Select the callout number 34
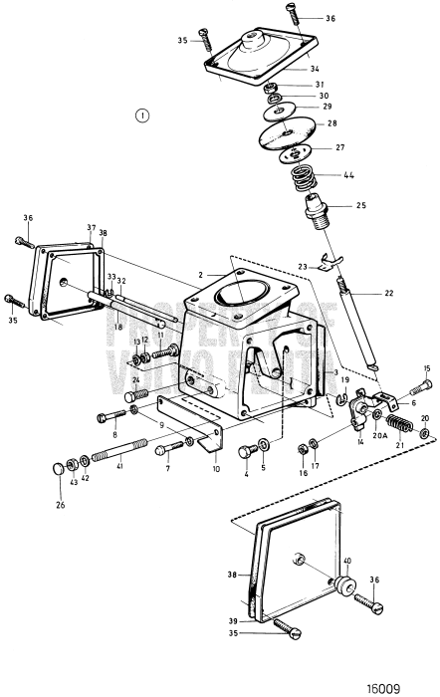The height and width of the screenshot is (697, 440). pos(315,70)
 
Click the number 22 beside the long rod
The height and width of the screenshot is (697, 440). pos(388,294)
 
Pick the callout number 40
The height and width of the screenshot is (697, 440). pos(346,561)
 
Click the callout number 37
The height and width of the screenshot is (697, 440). pos(90,228)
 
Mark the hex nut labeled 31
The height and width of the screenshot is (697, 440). pos(271,88)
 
